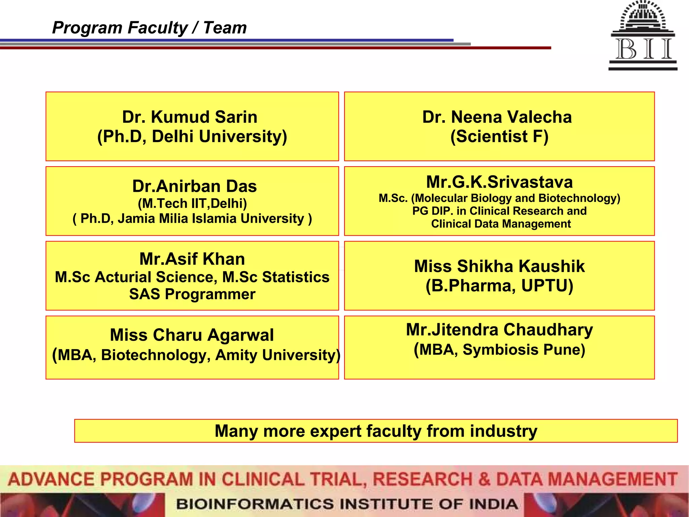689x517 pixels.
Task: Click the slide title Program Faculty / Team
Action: [x=149, y=28]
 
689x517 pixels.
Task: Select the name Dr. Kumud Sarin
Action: [x=190, y=117]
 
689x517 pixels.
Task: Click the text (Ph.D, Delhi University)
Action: [x=192, y=136]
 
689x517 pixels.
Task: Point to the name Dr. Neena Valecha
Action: [x=497, y=117]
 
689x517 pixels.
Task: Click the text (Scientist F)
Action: [x=499, y=136]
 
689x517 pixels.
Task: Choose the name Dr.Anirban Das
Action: [x=194, y=186]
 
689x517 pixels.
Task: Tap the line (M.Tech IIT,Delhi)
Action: [x=192, y=203]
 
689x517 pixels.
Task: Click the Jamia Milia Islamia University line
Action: [x=192, y=218]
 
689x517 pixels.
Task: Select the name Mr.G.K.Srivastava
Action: [x=499, y=182]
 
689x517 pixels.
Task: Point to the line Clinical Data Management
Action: [x=501, y=224]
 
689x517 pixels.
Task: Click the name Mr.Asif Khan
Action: [x=192, y=259]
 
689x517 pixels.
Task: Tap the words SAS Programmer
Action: [x=192, y=294]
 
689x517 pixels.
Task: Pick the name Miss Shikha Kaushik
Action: [x=499, y=266]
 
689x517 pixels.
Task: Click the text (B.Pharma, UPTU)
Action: [x=499, y=286]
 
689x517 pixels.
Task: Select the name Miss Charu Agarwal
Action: [x=192, y=335]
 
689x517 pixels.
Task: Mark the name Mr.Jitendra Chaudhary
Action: [x=499, y=330]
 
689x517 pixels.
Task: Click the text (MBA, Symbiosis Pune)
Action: [x=499, y=350]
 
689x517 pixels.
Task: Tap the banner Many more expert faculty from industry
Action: [x=376, y=431]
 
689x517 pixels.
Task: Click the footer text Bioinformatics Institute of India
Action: [x=347, y=504]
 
